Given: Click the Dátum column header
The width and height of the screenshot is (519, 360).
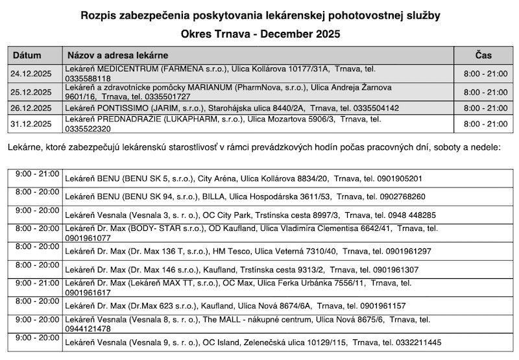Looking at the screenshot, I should click(27, 55).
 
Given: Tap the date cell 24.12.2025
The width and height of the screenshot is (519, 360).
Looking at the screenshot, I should click(31, 73).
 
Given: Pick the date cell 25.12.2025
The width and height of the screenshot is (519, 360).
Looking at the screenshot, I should click(31, 91).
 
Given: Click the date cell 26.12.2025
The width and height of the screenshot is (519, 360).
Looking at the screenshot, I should click(31, 108).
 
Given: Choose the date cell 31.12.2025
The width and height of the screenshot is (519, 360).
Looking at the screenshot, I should click(31, 123).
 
